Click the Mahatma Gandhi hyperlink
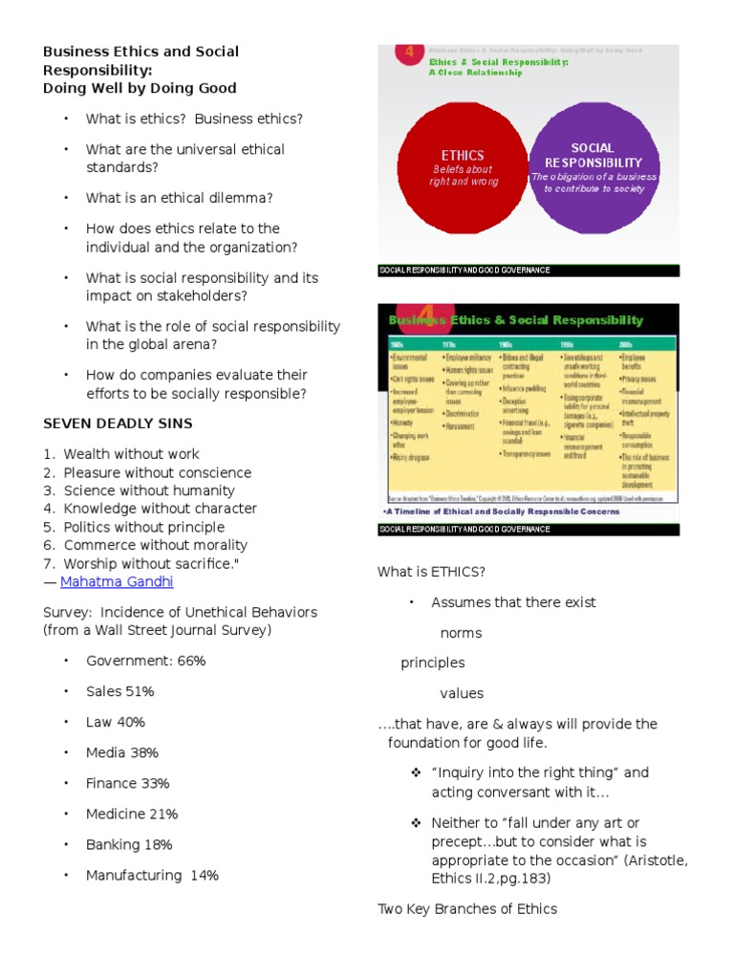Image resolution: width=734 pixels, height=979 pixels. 117,581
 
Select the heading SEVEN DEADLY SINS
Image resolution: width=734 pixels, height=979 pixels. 118,424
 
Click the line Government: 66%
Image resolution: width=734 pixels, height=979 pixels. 145,661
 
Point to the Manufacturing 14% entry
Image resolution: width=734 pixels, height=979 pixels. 152,875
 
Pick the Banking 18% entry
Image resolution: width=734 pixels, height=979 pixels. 129,844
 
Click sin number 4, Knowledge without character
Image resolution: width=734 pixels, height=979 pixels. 160,509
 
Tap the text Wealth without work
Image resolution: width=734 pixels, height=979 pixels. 131,454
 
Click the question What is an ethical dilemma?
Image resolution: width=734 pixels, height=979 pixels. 179,198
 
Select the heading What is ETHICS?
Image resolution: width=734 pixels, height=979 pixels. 432,572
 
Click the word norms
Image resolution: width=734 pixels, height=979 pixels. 461,633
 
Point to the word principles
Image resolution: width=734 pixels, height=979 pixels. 433,663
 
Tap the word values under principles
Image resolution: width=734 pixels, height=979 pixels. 462,693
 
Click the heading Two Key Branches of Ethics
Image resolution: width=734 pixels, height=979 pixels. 467,909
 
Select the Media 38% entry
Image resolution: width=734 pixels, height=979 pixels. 122,752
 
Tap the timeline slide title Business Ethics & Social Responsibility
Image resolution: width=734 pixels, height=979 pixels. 516,320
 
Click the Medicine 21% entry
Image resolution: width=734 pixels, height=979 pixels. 132,814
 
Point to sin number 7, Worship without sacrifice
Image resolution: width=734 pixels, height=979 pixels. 151,563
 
